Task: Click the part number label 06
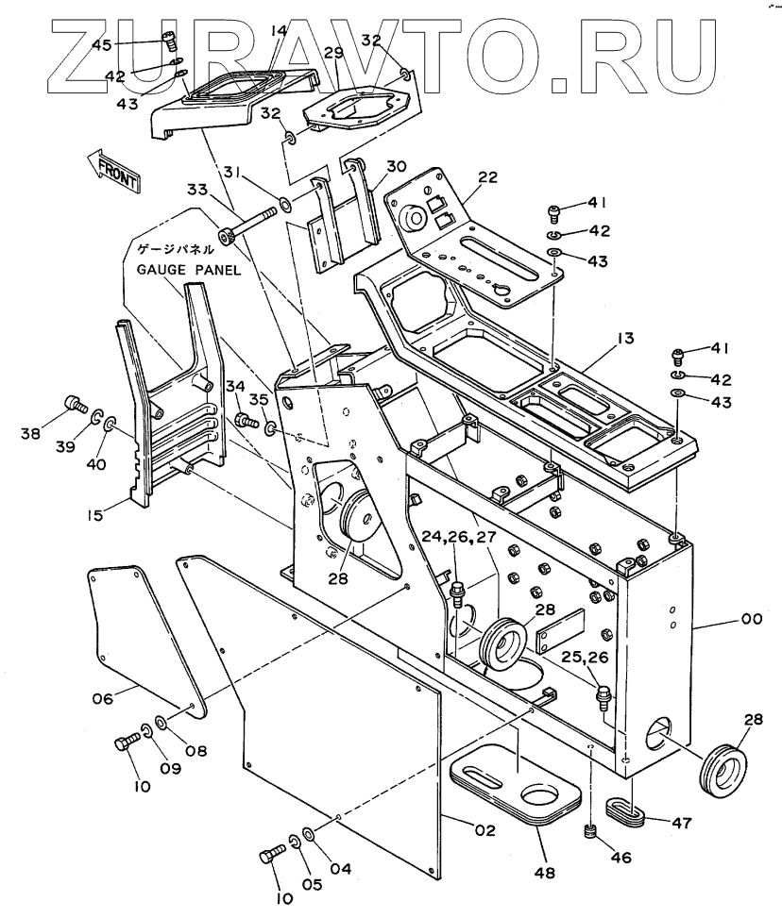pos(102,699)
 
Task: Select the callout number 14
pos(278,32)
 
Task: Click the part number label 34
pos(235,385)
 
